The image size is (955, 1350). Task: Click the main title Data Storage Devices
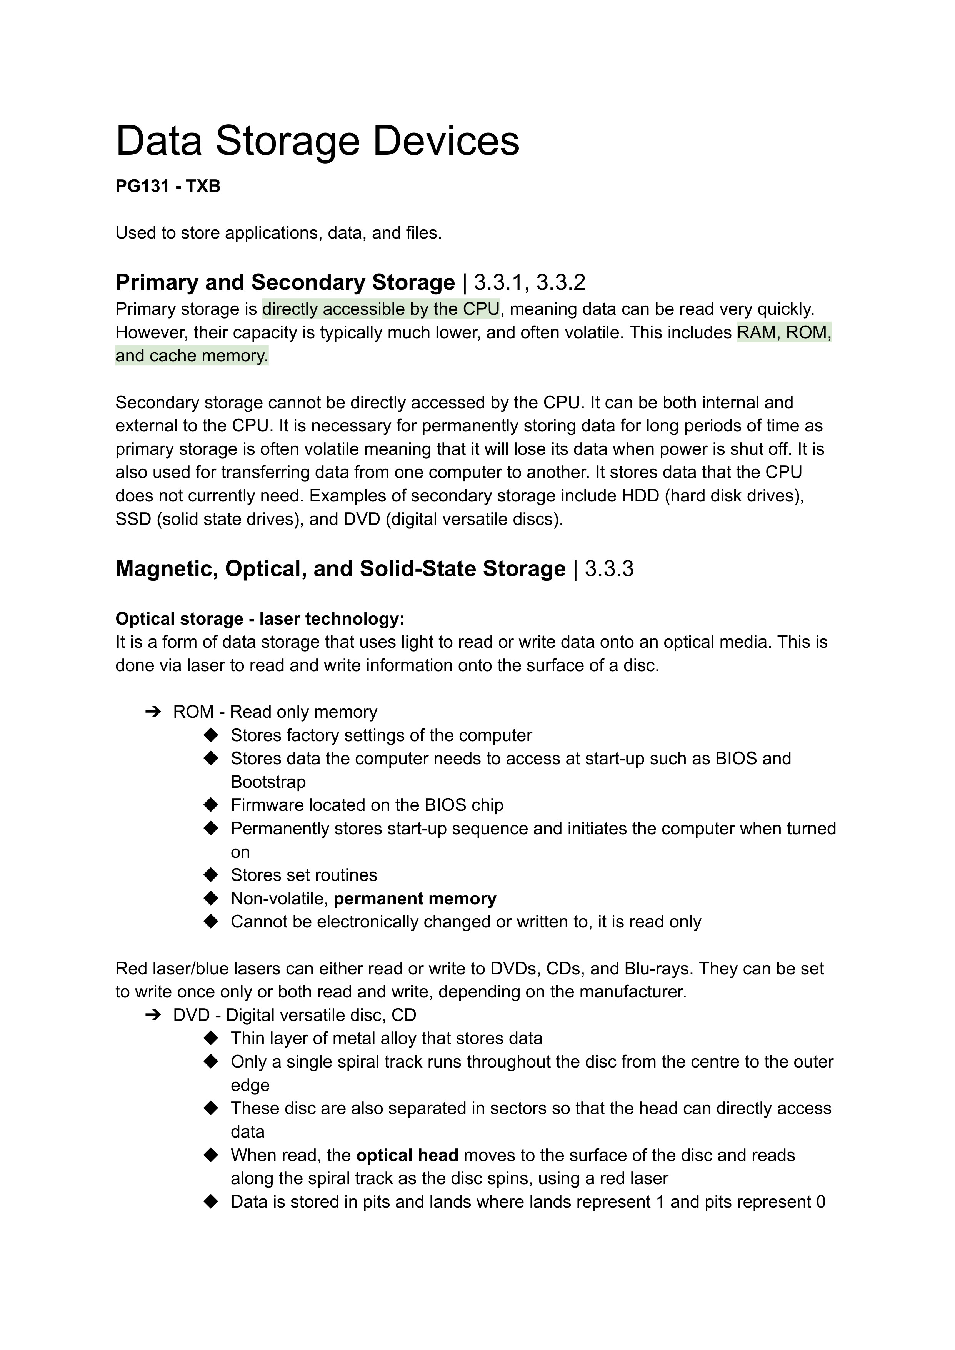pos(318,141)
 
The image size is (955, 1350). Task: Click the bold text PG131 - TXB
pos(168,187)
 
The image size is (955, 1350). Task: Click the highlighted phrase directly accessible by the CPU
pos(380,309)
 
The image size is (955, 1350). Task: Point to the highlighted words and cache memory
pos(192,356)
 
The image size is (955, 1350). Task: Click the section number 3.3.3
pos(609,569)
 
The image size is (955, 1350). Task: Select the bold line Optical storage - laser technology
pos(260,619)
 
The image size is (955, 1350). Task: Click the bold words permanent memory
pos(415,899)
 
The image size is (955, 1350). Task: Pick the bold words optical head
pos(407,1155)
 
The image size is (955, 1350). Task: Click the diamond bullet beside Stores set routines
pos(210,875)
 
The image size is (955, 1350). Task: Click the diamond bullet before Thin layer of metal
pos(210,1039)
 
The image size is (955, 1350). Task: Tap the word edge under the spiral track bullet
pos(250,1085)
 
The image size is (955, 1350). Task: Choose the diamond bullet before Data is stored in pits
pos(210,1202)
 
